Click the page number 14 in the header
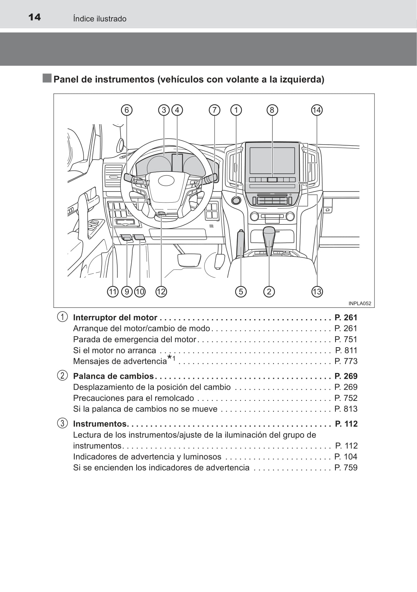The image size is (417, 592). tap(34, 17)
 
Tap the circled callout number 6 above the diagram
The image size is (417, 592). tap(127, 110)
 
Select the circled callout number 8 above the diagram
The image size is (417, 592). tap(272, 110)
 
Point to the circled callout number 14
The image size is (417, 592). tap(317, 110)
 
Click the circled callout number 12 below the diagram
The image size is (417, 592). tap(161, 292)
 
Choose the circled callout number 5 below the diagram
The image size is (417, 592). tap(241, 292)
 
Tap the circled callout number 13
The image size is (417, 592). tap(317, 292)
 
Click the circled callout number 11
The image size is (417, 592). tap(113, 292)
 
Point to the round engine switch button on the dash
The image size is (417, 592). tap(236, 200)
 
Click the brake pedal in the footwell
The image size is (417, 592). tap(189, 259)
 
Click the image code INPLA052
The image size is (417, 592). tap(360, 304)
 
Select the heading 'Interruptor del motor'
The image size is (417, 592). tap(115, 317)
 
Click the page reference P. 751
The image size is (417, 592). tap(346, 339)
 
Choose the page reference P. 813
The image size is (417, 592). tap(346, 409)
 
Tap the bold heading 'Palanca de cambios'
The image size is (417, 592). tap(113, 376)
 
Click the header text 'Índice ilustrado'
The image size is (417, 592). tap(100, 19)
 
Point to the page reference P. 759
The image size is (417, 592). tap(346, 467)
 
